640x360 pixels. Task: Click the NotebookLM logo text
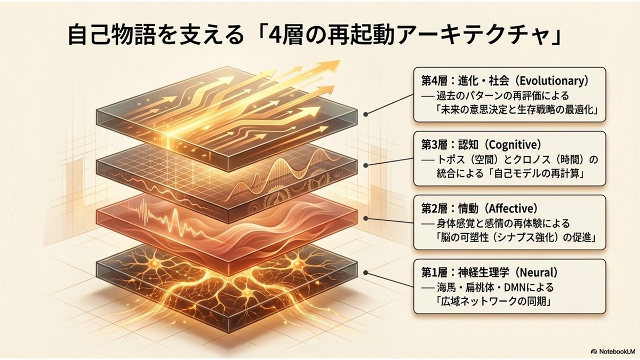617,351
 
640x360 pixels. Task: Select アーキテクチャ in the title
474,36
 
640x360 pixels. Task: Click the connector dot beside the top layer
365,114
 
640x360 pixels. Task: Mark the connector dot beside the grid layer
365,165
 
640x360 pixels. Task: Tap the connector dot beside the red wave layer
365,219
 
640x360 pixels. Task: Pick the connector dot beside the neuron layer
365,273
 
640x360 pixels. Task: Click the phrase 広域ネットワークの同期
493,302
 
